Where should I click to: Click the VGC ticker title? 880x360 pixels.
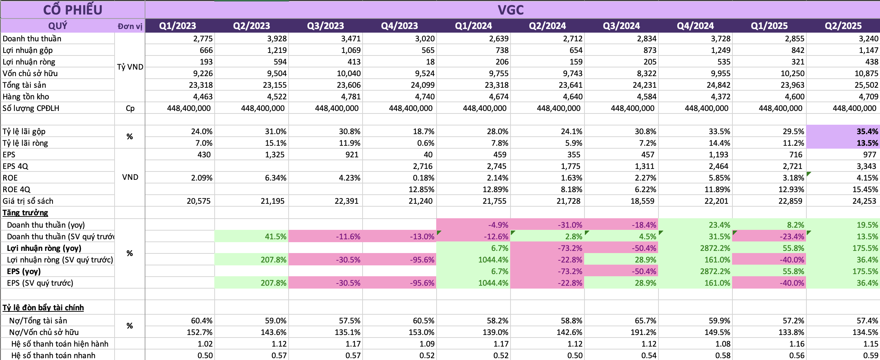point(511,10)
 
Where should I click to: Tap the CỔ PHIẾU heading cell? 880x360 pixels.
point(73,10)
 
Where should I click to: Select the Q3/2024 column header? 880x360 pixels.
point(621,26)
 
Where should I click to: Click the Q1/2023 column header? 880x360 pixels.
point(177,26)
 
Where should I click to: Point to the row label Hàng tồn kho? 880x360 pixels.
point(26,96)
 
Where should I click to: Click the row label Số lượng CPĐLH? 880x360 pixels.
point(31,108)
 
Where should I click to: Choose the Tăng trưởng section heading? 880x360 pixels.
point(25,212)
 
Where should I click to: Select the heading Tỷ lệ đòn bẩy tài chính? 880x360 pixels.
point(43,307)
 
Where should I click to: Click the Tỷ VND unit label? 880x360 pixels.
point(130,67)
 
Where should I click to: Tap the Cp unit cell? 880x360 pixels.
point(130,108)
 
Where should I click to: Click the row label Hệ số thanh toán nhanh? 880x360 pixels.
point(53,355)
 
